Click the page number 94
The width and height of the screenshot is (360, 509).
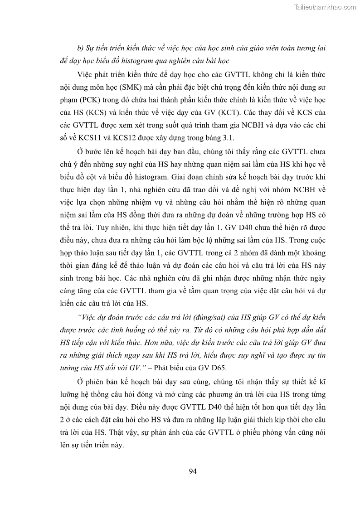(x=193, y=471)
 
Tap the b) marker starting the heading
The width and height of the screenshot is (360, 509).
(x=82, y=47)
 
